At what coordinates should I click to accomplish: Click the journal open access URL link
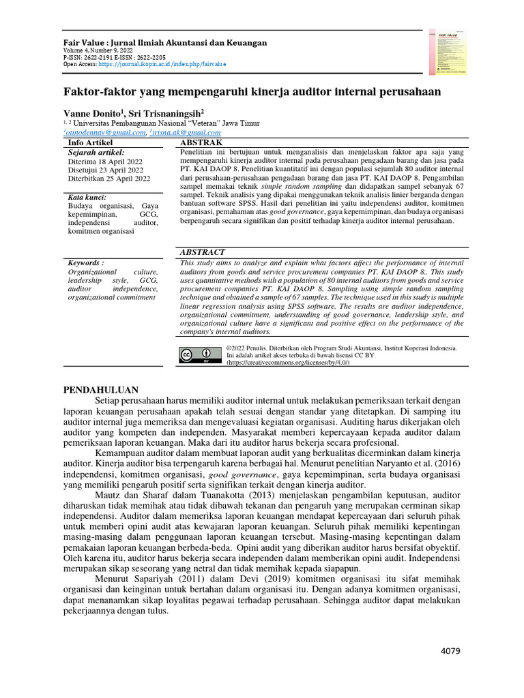coord(162,64)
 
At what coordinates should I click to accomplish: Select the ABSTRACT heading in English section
coord(203,252)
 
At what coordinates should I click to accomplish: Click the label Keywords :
coord(87,262)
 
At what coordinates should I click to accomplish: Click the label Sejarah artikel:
coord(96,152)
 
